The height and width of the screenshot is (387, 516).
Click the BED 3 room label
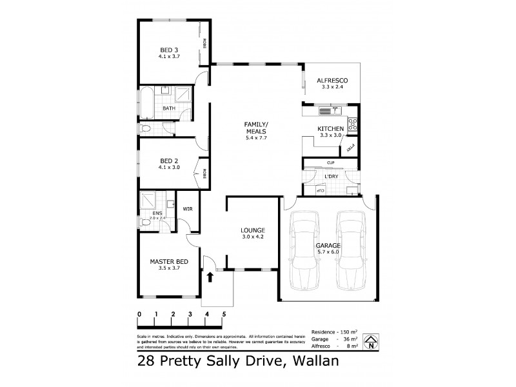(169, 50)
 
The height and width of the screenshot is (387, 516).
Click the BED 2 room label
(169, 161)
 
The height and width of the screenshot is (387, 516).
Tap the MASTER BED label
(168, 261)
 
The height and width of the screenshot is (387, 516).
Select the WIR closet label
(188, 209)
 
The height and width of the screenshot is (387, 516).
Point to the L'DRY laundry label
(332, 176)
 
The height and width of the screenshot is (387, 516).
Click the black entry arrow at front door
(210, 277)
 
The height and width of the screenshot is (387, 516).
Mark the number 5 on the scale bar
(224, 314)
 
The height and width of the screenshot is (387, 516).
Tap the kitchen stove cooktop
(353, 124)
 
